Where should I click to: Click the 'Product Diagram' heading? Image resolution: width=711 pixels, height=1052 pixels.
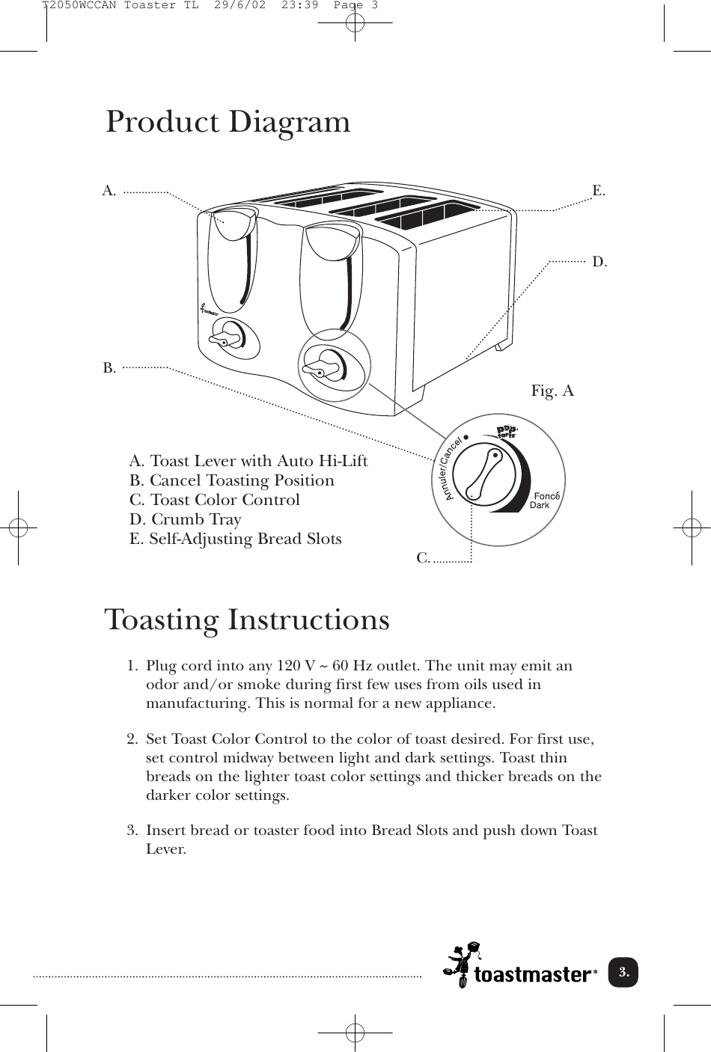[x=228, y=123]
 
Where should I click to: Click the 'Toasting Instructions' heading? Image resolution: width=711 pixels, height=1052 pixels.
[x=247, y=620]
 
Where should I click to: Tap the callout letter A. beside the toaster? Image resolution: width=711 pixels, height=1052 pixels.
[x=109, y=191]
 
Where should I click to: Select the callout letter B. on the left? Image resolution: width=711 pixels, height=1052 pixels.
[x=109, y=368]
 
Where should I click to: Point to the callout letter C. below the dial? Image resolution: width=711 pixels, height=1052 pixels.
[x=423, y=558]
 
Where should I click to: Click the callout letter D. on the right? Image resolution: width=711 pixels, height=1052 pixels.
[x=599, y=262]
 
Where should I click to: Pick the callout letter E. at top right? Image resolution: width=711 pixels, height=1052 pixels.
[x=599, y=191]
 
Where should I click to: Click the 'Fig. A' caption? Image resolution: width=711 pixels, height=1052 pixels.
[x=552, y=391]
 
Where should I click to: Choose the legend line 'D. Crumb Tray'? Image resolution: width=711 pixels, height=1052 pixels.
[x=185, y=519]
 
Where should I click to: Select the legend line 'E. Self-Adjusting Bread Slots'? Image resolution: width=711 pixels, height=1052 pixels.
[x=235, y=539]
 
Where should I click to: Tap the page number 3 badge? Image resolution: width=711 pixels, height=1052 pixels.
[x=623, y=973]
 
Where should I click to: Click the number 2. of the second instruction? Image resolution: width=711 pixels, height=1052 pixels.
[x=132, y=740]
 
